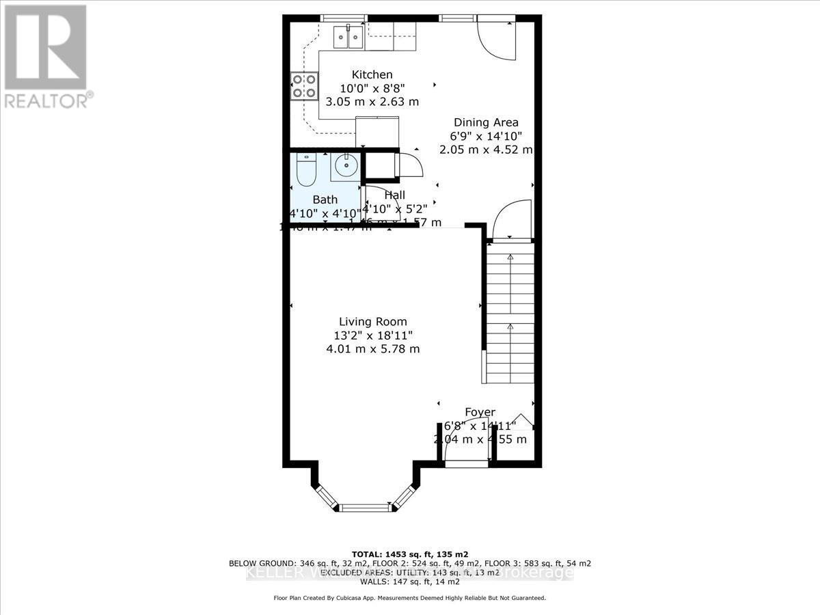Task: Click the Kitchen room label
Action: (x=372, y=74)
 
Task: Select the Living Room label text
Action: (x=373, y=322)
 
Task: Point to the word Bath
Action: (x=325, y=200)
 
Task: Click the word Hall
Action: (x=395, y=195)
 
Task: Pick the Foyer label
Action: (x=480, y=412)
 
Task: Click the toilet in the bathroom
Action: (x=305, y=171)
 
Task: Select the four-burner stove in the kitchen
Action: (x=304, y=85)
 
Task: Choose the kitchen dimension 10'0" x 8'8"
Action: (x=372, y=88)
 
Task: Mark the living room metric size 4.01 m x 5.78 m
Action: (x=372, y=348)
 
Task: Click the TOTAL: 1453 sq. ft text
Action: (x=410, y=553)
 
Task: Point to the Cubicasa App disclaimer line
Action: (x=410, y=598)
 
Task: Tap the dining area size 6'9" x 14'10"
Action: (x=486, y=136)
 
